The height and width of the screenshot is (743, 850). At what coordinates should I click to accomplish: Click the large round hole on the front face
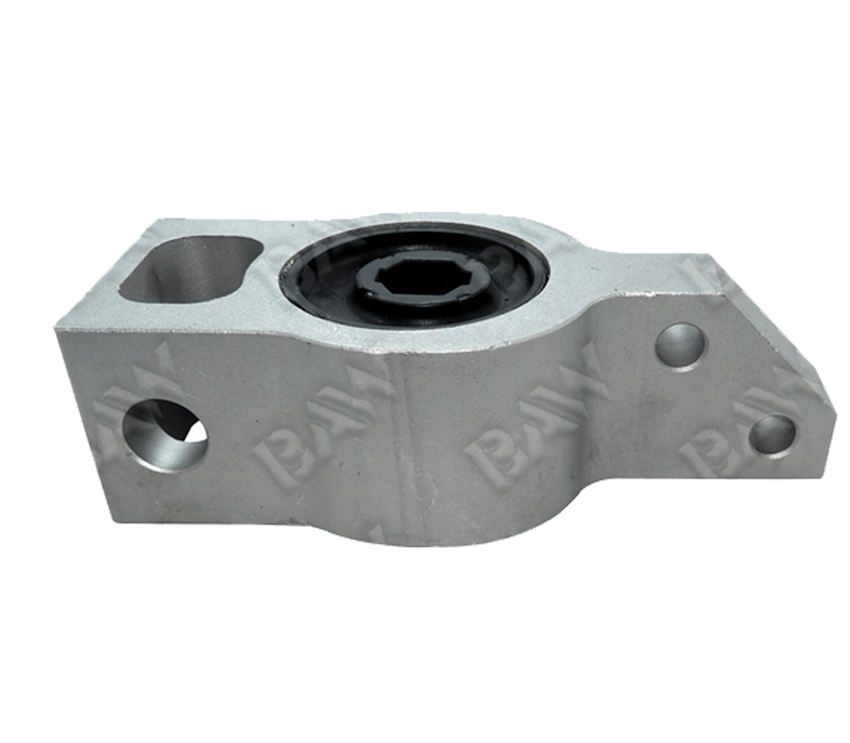coord(164,433)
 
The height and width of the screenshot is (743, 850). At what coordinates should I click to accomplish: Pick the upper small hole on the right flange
coord(681,346)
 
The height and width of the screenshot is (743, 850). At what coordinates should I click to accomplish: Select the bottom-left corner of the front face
coord(113,520)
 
